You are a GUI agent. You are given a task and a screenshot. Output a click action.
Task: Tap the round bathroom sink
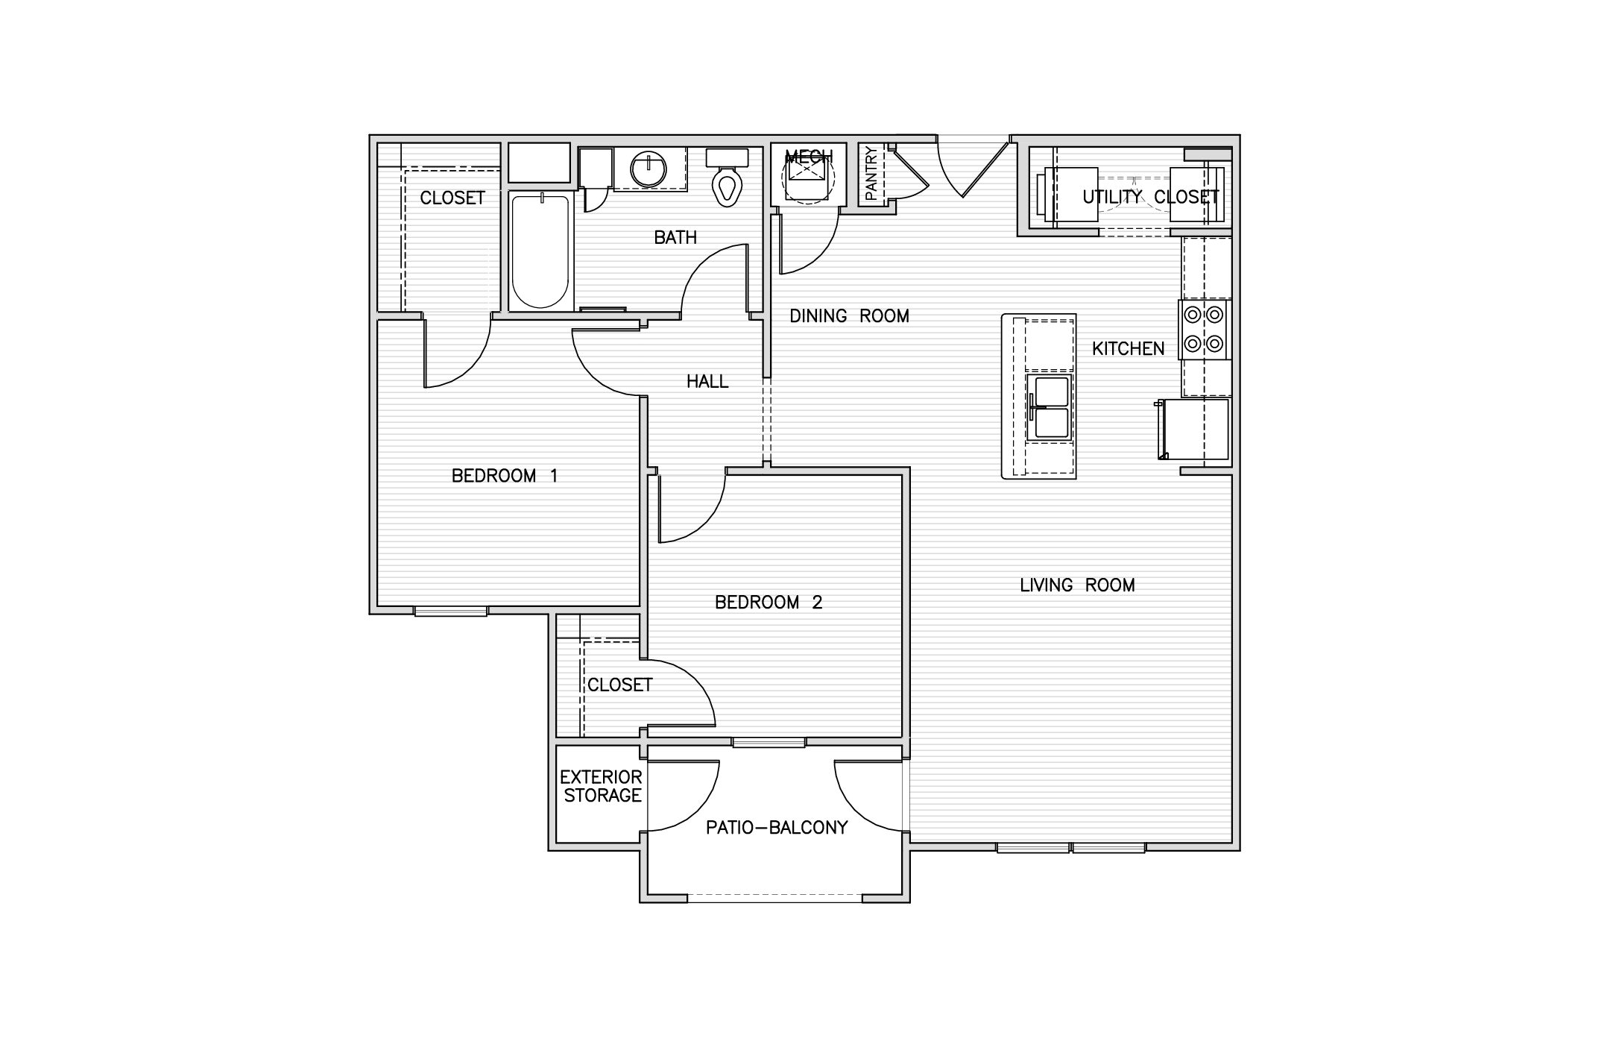coord(649,170)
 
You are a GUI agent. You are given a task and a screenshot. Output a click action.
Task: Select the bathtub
coord(540,251)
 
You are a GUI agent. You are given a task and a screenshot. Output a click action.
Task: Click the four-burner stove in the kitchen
coord(1204,330)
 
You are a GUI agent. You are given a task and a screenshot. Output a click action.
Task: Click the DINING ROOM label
coord(849,316)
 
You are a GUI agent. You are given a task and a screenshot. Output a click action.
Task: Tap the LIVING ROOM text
coord(1077,585)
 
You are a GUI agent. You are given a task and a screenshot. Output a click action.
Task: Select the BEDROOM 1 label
coord(505,476)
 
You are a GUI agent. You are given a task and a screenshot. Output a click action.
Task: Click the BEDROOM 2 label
coord(769,603)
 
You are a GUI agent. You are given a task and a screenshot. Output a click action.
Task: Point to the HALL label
coord(707,382)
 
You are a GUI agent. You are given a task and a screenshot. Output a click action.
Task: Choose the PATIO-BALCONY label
coord(777,827)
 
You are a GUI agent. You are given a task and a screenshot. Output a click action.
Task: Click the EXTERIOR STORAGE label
coord(601,786)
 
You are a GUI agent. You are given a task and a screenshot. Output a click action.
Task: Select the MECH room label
coord(809,157)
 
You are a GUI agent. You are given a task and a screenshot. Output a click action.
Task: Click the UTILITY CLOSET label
coord(1151,197)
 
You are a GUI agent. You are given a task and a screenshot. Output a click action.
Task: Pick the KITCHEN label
coord(1128,348)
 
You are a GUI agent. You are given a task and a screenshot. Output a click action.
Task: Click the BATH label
coord(675,237)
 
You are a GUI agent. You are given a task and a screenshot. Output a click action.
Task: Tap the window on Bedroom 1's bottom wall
coord(451,611)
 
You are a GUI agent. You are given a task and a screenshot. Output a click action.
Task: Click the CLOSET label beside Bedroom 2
coord(620,685)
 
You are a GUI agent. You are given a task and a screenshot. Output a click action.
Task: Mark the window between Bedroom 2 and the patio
coord(769,742)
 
